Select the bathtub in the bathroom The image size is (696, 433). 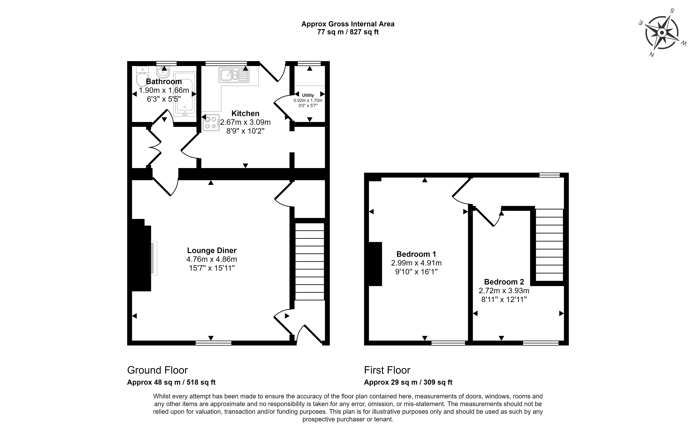[x=185, y=94]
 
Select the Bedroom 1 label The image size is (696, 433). [x=416, y=254]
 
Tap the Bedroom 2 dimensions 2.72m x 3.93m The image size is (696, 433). [x=504, y=291]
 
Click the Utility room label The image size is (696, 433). [x=308, y=95]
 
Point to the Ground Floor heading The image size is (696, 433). [x=157, y=370]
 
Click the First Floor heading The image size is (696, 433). [x=387, y=370]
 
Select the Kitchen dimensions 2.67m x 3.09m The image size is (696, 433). [x=245, y=122]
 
